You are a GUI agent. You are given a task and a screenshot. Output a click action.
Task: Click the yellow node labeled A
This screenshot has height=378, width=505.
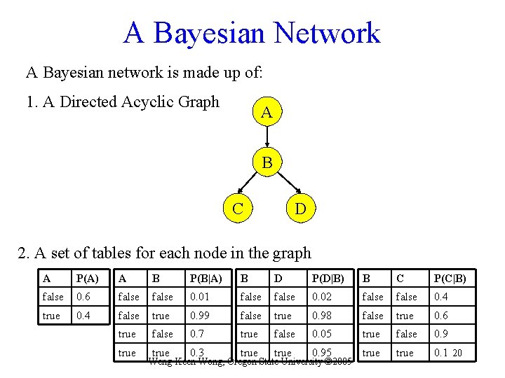tap(267, 112)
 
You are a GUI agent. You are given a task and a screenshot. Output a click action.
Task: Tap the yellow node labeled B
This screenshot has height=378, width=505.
tap(267, 163)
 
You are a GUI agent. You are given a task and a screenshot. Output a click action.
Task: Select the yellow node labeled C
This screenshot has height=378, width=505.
tap(238, 207)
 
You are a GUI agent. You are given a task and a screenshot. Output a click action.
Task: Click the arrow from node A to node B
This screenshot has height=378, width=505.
tap(267, 138)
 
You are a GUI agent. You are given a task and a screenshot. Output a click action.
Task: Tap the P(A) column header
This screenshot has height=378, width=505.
tap(88, 279)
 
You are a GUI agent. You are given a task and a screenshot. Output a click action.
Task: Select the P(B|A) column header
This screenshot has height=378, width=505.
tap(206, 279)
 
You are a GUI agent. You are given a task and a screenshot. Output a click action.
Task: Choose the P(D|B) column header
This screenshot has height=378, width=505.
tap(328, 279)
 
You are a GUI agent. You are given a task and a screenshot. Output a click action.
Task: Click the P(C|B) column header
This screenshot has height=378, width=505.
tap(450, 279)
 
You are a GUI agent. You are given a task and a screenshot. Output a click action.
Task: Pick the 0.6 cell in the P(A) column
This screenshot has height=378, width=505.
tap(83, 297)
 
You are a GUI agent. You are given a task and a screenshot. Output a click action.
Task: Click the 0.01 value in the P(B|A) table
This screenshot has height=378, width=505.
tap(200, 297)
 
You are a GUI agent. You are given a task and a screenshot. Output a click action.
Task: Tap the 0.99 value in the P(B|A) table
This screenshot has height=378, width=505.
tap(200, 316)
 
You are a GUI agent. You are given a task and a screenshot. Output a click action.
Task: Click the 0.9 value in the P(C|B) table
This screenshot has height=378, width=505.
tap(441, 335)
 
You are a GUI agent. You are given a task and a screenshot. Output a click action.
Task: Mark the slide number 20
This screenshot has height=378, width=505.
tap(457, 353)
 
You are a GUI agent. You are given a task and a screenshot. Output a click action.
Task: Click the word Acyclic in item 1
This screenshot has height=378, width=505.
tap(148, 102)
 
